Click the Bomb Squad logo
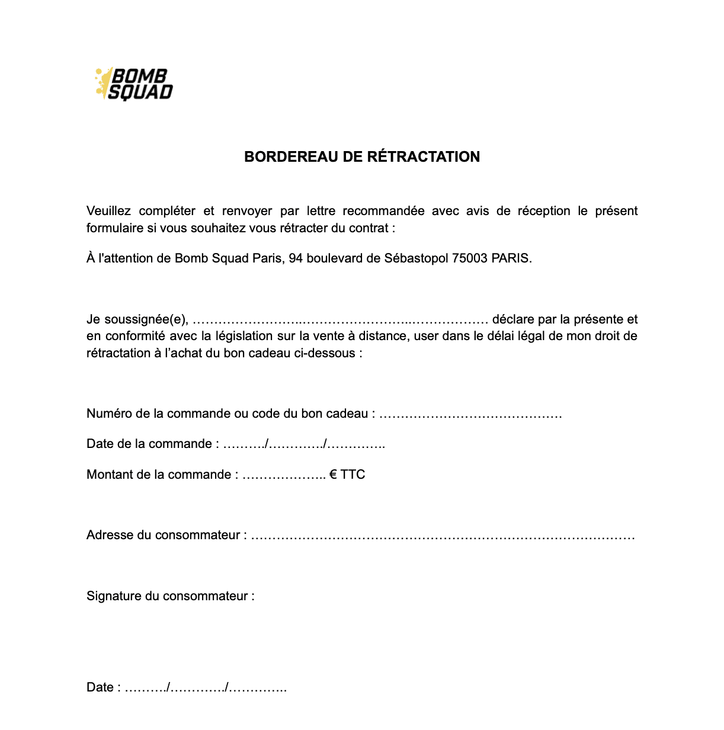click(x=134, y=84)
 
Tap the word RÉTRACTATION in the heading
click(x=424, y=157)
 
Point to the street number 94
click(x=296, y=258)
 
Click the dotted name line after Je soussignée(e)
click(x=341, y=321)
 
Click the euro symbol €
click(x=334, y=475)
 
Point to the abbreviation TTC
click(x=353, y=475)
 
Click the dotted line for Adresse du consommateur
click(x=443, y=536)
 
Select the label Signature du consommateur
click(x=170, y=596)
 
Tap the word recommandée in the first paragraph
click(x=383, y=211)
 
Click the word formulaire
click(x=115, y=228)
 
